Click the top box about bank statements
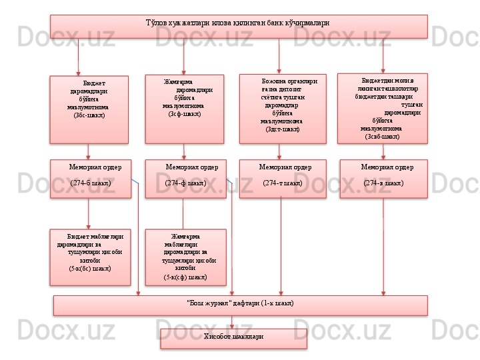pos(239,26)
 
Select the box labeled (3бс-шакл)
pos(89,109)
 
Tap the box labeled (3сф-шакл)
pos(185,108)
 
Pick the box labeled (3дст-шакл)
pos(283,108)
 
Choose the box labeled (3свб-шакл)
pos(383,108)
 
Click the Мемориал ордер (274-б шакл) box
pos(91,178)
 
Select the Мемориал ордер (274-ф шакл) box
pos(185,178)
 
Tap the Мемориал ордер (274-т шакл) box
pos(283,178)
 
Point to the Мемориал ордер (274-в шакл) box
pos(383,178)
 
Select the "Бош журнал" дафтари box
pos(240,305)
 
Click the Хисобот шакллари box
pos(233,338)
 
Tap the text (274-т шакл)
pos(283,183)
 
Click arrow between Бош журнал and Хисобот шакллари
pos(232,321)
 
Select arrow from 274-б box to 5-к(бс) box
pos(89,213)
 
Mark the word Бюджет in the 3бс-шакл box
pos(95,85)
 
